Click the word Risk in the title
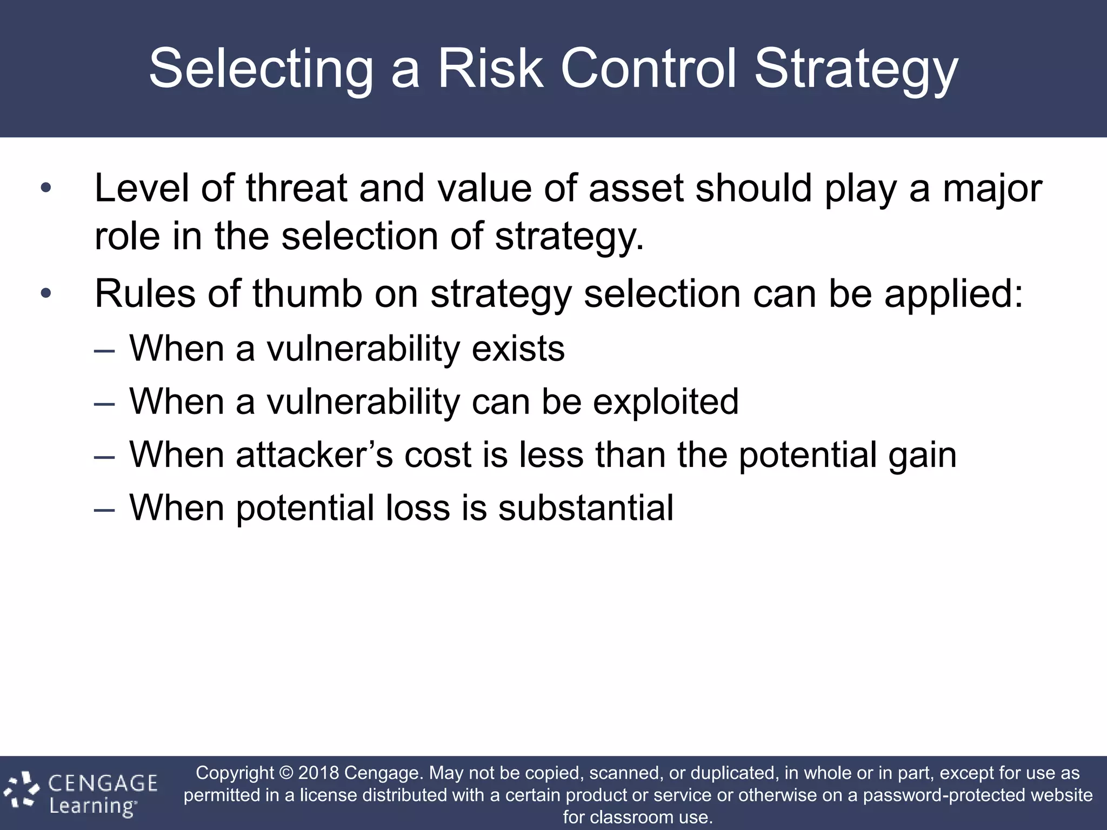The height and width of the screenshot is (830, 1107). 490,69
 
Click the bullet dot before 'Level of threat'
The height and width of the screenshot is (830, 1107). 46,189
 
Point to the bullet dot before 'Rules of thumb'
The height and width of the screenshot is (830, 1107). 46,294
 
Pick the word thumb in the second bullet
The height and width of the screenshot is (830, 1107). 306,294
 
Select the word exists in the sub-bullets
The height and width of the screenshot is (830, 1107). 518,349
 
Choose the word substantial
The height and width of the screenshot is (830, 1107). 585,508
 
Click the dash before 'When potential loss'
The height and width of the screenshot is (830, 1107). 104,510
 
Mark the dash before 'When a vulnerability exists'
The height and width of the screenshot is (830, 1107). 104,350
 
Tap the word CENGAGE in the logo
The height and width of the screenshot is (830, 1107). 103,783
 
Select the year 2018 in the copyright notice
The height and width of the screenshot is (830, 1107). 318,773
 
